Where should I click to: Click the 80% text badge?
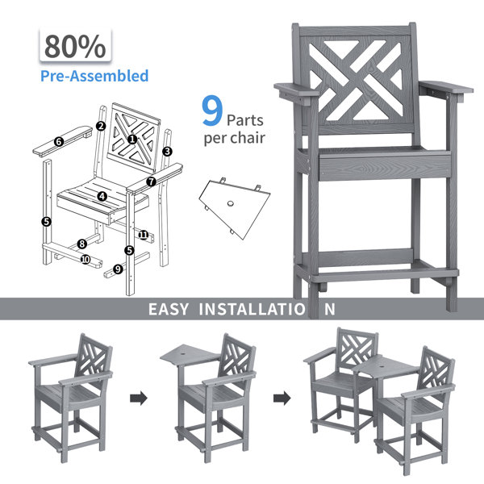point(75,45)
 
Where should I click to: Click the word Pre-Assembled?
point(94,76)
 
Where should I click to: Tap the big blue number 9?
point(212,111)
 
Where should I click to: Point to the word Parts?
point(245,120)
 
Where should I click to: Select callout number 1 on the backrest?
point(132,140)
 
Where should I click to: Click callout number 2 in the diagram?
point(101,126)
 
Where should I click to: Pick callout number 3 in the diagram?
point(167,152)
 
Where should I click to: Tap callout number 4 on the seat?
point(102,196)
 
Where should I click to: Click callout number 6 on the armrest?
point(59,142)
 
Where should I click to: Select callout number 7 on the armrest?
point(151,181)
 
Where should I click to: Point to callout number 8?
point(82,244)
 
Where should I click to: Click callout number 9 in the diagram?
point(118,269)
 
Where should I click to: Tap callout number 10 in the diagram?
point(86,259)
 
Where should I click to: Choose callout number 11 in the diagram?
point(144,236)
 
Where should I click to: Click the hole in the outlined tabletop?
point(230,203)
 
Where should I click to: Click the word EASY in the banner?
point(169,309)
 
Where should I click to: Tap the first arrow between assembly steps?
point(139,398)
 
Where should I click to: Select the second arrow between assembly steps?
point(282,398)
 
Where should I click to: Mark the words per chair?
point(235,138)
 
